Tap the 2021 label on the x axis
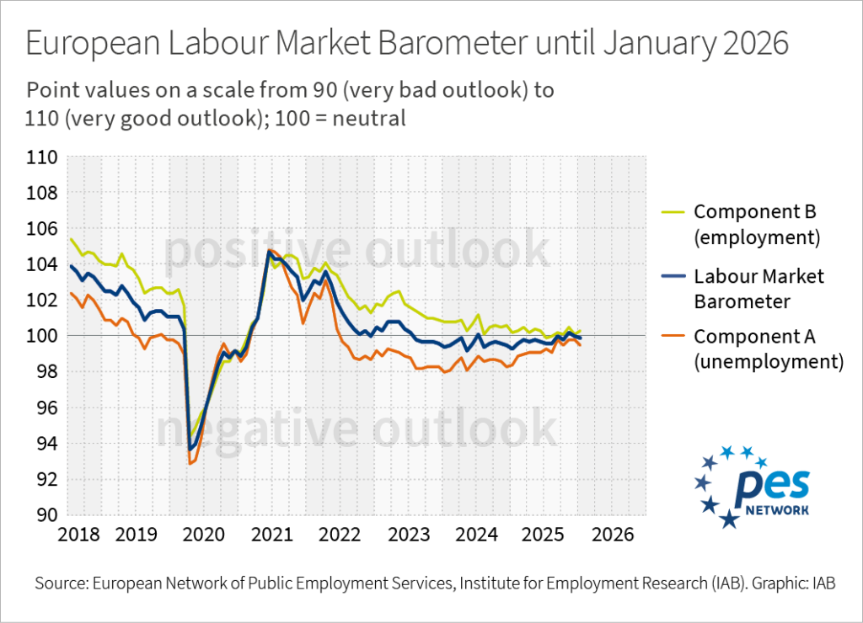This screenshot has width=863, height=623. point(271,535)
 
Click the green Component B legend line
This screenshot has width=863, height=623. point(672,211)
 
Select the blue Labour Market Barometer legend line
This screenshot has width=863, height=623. point(672,275)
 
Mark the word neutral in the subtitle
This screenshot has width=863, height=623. point(373,119)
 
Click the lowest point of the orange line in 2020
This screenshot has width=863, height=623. point(190,464)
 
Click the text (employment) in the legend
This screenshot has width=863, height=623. point(756,237)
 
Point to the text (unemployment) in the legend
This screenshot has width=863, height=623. point(768,362)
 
